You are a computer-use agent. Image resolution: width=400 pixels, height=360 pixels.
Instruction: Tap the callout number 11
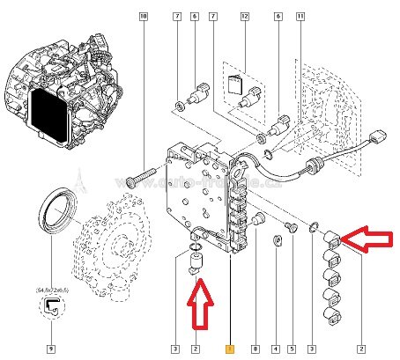click(300, 17)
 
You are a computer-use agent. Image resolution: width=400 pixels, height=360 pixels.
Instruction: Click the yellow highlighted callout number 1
click(230, 349)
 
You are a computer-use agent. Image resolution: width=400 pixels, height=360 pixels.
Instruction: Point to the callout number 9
click(51, 349)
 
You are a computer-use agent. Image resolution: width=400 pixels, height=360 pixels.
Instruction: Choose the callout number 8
click(256, 349)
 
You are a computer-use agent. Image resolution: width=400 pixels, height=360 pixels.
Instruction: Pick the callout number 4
click(277, 349)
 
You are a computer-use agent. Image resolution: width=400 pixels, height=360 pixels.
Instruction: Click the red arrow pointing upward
click(201, 302)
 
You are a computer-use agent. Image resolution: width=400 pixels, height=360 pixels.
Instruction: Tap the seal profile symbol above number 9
click(51, 307)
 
